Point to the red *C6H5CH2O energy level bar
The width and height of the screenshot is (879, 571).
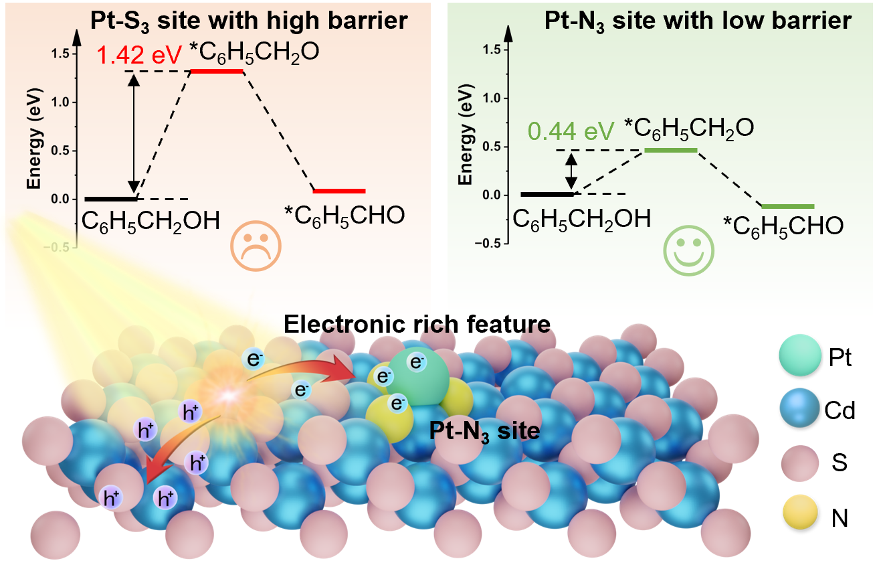point(217,71)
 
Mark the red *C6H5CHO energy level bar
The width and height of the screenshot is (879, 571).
point(339,191)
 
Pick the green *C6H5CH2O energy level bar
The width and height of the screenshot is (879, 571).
point(670,150)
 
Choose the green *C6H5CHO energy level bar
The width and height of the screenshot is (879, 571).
point(788,206)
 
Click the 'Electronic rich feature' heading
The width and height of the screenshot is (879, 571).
point(417,325)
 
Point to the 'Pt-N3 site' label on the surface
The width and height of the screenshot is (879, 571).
point(484,431)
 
